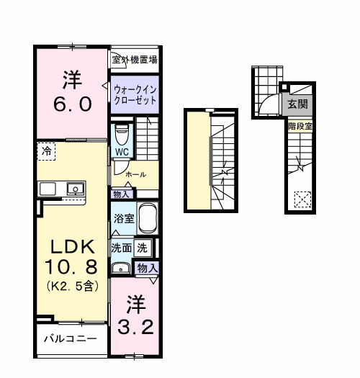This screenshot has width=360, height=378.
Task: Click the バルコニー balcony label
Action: pos(69,338)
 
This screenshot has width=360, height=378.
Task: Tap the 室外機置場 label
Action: pos(135,60)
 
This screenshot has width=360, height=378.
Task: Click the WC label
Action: pos(121,153)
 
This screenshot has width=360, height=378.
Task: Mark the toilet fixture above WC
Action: pos(122,135)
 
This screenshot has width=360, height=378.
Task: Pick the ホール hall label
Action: pos(135,174)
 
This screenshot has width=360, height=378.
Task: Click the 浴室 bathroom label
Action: pos(122,218)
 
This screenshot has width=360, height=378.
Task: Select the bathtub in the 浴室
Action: pos(148,218)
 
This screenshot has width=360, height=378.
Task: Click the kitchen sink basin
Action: pos(73,189)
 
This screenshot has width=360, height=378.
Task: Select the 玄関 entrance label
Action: pos(297,104)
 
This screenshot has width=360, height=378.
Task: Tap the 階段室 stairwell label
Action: pos(297,126)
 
